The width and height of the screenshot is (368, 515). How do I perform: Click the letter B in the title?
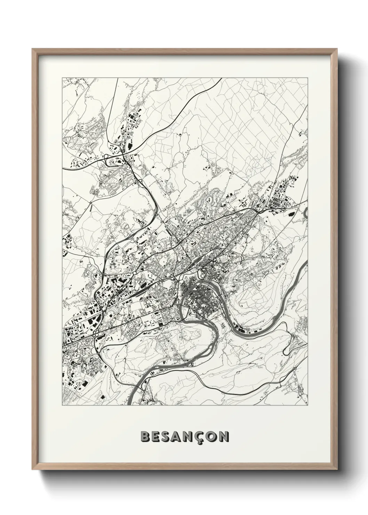tap(145, 437)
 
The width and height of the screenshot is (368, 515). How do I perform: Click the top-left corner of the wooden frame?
tap(33, 49)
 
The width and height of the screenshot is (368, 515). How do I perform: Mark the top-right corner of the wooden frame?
tap(336, 49)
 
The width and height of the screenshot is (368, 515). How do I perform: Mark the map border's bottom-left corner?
tap(62, 405)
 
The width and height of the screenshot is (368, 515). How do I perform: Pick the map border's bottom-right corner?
tap(308, 405)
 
